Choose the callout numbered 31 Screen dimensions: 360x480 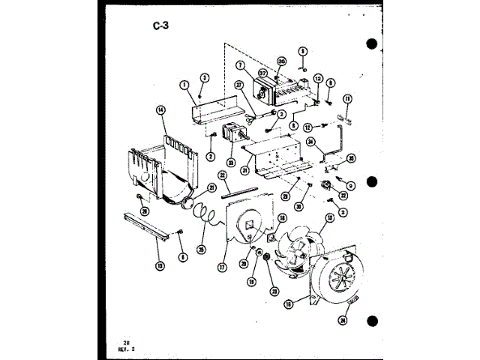[244, 169]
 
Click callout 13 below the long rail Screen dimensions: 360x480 [160, 264]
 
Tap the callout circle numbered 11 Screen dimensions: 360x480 [347, 99]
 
